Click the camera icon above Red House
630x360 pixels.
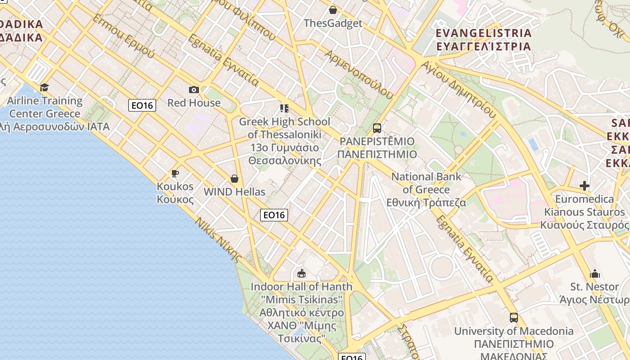click(x=194, y=90)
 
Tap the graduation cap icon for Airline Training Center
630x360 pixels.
click(x=44, y=87)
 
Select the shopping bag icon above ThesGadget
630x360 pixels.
click(x=333, y=10)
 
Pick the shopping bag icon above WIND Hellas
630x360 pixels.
click(x=234, y=179)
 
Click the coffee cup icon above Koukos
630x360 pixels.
click(x=175, y=173)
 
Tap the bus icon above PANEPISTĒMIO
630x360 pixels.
click(x=377, y=128)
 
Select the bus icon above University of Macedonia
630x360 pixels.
click(x=514, y=318)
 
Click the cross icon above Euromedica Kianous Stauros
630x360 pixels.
click(x=585, y=186)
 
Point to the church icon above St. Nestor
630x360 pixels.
click(x=595, y=274)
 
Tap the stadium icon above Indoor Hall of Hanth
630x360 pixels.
click(x=301, y=273)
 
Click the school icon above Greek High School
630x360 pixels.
click(x=284, y=108)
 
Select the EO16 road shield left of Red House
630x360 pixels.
click(x=142, y=105)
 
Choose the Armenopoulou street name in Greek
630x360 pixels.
click(x=358, y=74)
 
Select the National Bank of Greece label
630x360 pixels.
click(x=426, y=189)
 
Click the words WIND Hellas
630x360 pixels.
click(x=234, y=192)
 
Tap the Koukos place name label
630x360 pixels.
click(x=175, y=193)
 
